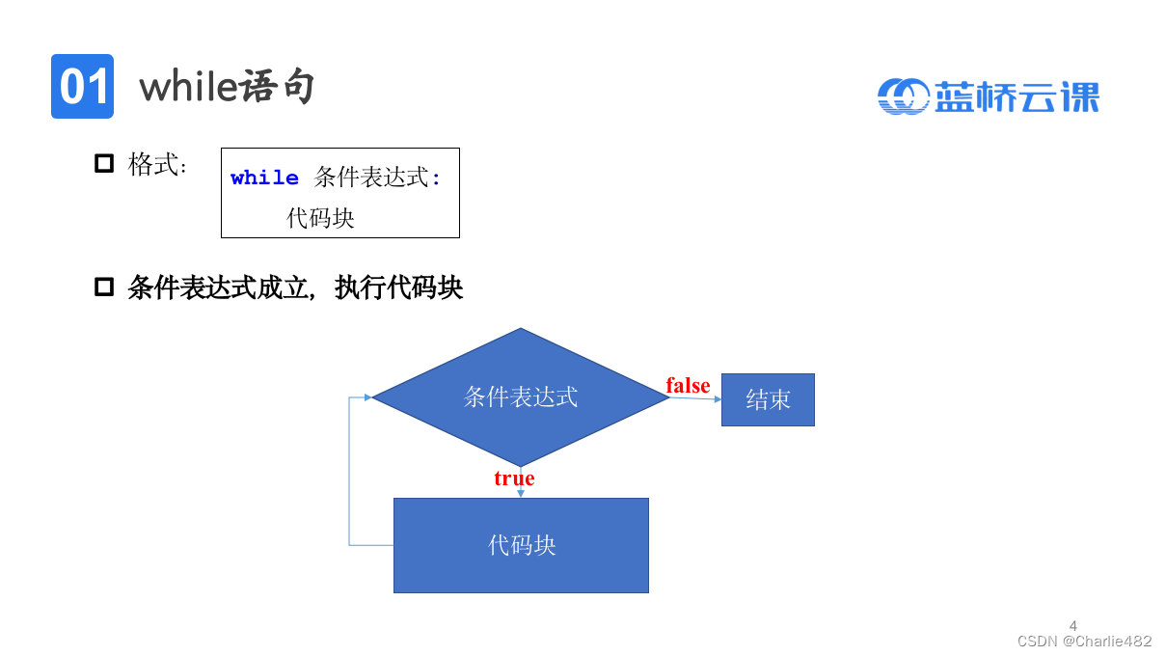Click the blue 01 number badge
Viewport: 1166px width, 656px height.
82,87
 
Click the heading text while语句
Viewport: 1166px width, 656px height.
228,88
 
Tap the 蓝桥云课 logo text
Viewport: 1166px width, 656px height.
1017,96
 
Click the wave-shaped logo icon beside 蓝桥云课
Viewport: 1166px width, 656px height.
903,96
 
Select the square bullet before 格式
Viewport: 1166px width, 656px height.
104,163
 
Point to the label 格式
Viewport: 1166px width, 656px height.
156,164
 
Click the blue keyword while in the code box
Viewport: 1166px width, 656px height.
264,178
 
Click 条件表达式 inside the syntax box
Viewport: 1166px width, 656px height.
371,178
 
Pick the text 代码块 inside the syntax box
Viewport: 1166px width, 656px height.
321,218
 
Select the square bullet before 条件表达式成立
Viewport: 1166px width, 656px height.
104,287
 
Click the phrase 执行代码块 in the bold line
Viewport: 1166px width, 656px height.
399,287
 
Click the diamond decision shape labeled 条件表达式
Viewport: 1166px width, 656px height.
521,396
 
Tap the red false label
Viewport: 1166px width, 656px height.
688,386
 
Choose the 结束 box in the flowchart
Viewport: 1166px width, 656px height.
768,399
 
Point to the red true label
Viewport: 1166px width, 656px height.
514,478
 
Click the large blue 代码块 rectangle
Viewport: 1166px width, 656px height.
521,545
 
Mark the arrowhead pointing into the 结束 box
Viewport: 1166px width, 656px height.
717,398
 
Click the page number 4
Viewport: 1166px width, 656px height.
1073,625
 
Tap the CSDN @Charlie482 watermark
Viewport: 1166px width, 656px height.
1084,641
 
